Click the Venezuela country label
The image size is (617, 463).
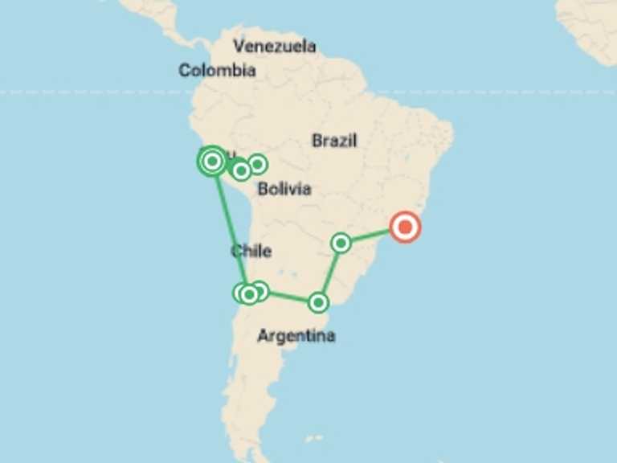273,46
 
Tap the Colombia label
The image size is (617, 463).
217,71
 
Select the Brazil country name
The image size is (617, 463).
334,141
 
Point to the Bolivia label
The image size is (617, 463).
284,190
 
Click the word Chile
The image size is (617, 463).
251,251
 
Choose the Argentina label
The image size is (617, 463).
296,335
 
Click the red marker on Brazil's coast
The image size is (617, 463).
405,227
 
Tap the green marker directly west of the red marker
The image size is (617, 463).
341,242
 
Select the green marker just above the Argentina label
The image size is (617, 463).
319,302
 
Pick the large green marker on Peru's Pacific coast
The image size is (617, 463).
212,162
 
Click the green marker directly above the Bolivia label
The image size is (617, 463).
257,164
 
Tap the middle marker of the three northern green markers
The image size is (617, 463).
241,170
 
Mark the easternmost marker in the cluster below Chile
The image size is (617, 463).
259,291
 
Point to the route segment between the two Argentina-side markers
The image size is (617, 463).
329,273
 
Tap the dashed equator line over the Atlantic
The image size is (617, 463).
498,92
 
